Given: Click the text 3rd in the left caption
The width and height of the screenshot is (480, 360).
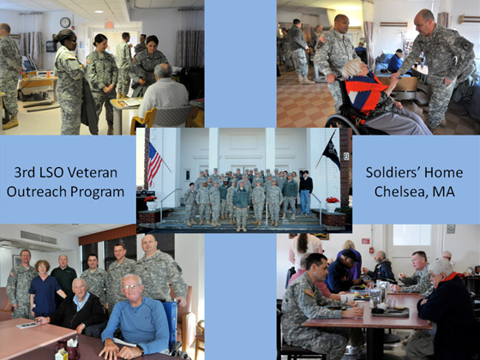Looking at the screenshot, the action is (25, 172).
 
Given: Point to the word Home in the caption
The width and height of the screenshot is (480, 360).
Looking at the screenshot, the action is (445, 172).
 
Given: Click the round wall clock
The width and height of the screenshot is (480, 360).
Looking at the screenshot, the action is (65, 22).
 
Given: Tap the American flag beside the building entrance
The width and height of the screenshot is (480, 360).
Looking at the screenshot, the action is (154, 164).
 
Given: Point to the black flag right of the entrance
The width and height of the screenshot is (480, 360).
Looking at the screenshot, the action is (333, 152).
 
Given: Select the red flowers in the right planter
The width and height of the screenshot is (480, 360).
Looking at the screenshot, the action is (333, 201).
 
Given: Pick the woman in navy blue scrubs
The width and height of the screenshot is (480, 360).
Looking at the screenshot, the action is (45, 288).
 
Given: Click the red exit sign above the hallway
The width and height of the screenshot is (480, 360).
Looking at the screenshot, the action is (109, 25).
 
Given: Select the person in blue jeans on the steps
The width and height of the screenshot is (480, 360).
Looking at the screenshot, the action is (305, 193).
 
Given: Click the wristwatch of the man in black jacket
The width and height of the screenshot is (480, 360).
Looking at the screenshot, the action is (83, 327).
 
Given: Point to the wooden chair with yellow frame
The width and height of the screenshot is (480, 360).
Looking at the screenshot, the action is (143, 120).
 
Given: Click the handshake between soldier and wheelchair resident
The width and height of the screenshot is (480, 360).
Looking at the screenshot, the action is (395, 75).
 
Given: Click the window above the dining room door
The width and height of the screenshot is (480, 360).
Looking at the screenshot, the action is (411, 235).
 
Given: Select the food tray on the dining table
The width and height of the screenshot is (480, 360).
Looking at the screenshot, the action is (390, 312).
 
